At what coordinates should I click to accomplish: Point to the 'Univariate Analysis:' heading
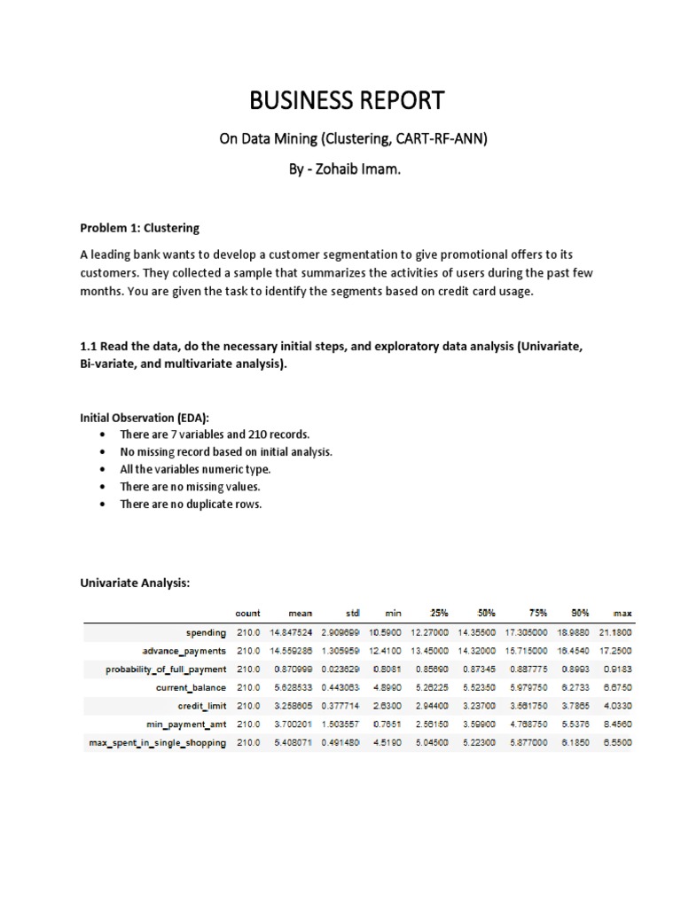[135, 582]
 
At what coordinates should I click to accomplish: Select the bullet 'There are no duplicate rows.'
[191, 504]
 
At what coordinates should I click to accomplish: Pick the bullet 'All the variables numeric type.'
[195, 469]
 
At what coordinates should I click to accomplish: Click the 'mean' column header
[303, 613]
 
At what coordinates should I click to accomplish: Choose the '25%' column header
[438, 613]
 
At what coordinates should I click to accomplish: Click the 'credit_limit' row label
[201, 705]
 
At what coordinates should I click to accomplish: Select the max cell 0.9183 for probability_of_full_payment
[617, 669]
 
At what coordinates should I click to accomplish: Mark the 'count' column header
[247, 613]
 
